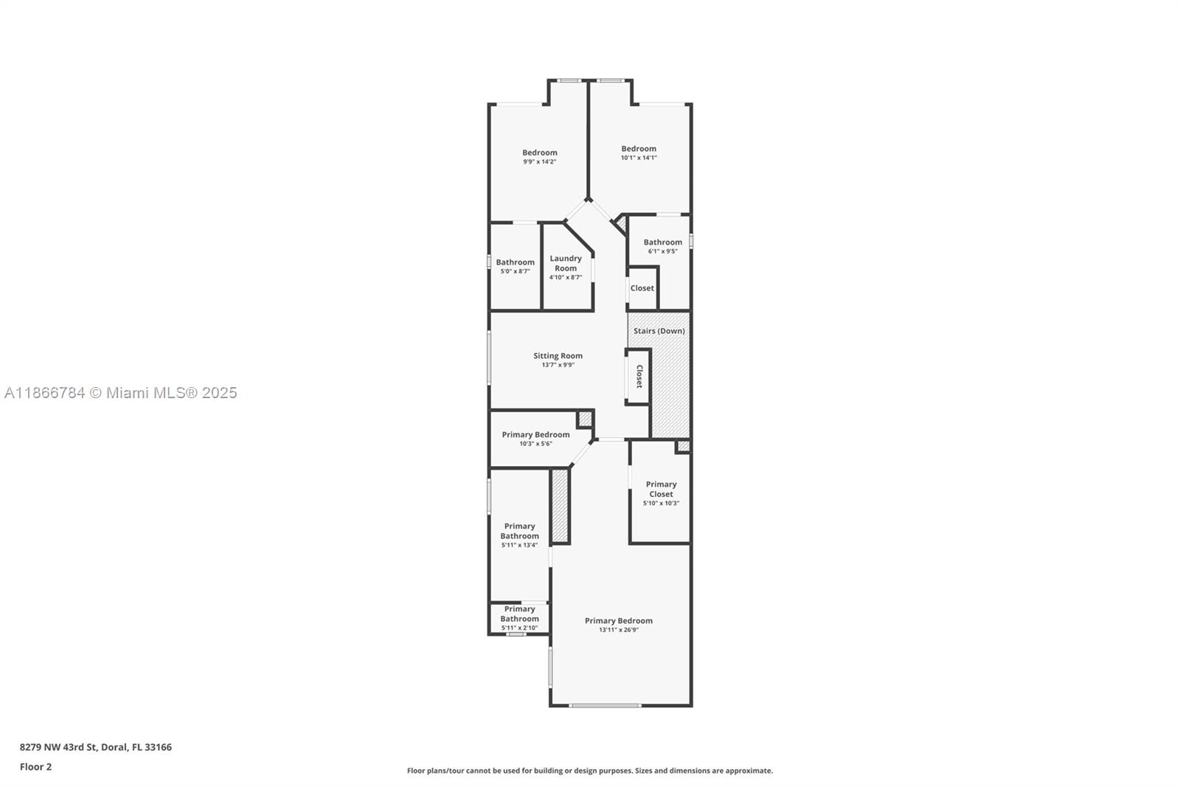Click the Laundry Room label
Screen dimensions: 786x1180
pyautogui.click(x=566, y=263)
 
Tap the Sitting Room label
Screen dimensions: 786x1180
pyautogui.click(x=558, y=356)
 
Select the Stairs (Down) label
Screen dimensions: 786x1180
pyautogui.click(x=659, y=331)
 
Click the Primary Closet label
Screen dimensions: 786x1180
pyautogui.click(x=661, y=489)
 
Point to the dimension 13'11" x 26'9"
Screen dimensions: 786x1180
pyautogui.click(x=618, y=630)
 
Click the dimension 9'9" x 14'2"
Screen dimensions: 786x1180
pyautogui.click(x=539, y=161)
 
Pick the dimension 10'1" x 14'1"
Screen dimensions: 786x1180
pyautogui.click(x=638, y=157)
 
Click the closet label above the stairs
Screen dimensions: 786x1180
pyautogui.click(x=642, y=288)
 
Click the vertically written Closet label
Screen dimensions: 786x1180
pyautogui.click(x=639, y=376)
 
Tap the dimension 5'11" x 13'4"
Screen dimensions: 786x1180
pyautogui.click(x=519, y=545)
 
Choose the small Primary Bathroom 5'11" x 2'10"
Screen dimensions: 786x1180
pyautogui.click(x=519, y=618)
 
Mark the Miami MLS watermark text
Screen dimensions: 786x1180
pyautogui.click(x=121, y=393)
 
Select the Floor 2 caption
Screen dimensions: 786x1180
pyautogui.click(x=35, y=767)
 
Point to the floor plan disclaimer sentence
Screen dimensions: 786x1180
pyautogui.click(x=589, y=771)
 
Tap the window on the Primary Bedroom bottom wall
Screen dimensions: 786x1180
pyautogui.click(x=605, y=706)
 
